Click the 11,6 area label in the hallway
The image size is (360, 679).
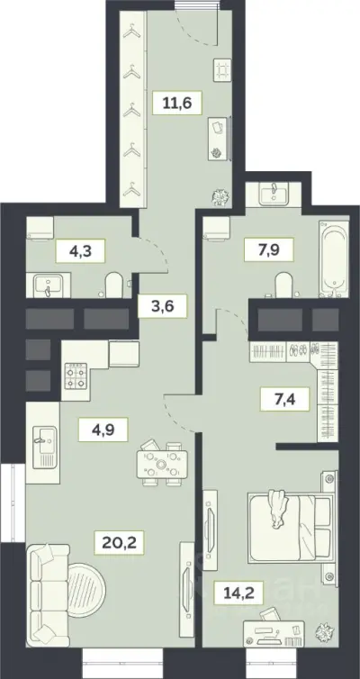(177, 103)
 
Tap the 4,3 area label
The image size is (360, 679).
(80, 250)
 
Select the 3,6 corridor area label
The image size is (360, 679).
(162, 305)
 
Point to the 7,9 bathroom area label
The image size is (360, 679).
(269, 249)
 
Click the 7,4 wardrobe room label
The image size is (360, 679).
(284, 399)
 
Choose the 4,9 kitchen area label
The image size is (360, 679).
(103, 430)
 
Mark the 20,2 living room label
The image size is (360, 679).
(120, 543)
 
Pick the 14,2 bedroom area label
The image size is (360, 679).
(238, 593)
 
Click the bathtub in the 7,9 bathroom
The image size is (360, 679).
(334, 259)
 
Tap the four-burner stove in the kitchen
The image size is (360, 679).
(76, 375)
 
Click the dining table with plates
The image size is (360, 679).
(162, 464)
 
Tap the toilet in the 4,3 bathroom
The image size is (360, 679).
(114, 285)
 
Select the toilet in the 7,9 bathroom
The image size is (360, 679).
(284, 285)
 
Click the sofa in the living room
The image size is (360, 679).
(48, 595)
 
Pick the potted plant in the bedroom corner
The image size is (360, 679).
(324, 631)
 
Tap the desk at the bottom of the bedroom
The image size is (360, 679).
(274, 634)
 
